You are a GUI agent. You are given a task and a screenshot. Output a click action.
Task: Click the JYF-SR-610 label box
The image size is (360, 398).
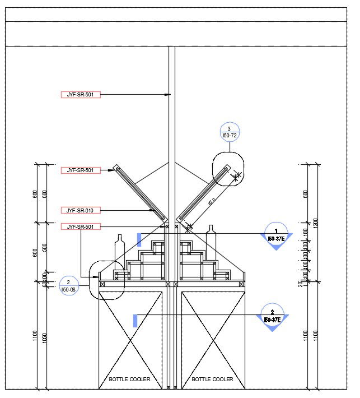(81, 210)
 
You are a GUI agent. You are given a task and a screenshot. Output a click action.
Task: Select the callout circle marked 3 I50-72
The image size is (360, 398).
(229, 132)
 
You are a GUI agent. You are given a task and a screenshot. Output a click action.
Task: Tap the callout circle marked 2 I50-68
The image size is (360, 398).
(68, 285)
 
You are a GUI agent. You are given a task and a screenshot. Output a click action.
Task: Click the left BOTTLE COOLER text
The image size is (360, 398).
(129, 380)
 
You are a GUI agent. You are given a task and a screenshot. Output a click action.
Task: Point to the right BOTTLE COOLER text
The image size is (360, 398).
(212, 380)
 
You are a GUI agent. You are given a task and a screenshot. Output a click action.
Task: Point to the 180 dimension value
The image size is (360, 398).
(306, 232)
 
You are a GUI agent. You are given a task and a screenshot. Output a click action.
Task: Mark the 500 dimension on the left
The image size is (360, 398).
(44, 248)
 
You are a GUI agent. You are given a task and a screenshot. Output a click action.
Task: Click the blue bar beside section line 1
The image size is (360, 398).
(138, 239)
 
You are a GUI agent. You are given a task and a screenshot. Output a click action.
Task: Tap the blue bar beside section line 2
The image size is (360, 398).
(134, 321)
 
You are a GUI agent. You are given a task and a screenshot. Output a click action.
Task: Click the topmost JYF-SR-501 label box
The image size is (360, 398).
(81, 95)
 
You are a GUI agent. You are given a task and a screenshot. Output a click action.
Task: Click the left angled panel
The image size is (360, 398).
(141, 192)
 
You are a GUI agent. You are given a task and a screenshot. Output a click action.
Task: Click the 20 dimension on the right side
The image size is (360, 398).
(301, 284)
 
